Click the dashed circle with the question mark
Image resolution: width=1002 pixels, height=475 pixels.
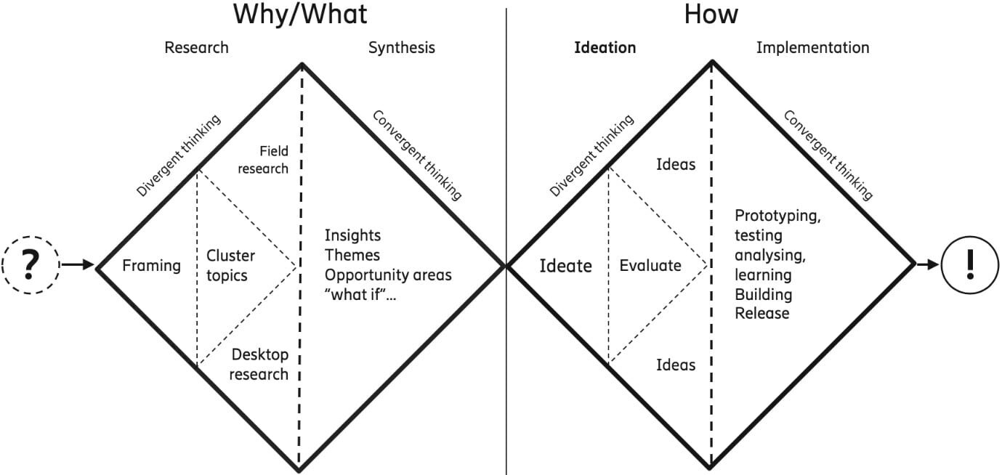click(29, 265)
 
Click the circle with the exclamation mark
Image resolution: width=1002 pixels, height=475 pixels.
click(970, 265)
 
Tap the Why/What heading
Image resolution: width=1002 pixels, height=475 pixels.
click(300, 15)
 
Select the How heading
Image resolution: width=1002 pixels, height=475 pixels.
click(711, 15)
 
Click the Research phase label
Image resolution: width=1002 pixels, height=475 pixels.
click(196, 48)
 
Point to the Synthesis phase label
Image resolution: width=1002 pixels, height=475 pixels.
click(401, 48)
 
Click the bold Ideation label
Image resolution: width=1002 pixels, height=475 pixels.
click(605, 48)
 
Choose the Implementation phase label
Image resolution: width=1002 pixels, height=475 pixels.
click(812, 48)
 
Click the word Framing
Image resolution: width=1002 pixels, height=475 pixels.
click(151, 266)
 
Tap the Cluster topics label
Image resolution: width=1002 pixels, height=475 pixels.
click(230, 265)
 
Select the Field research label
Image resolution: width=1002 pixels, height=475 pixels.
click(264, 160)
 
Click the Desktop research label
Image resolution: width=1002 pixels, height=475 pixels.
click(259, 365)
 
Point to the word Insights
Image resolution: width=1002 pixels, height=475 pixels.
click(352, 235)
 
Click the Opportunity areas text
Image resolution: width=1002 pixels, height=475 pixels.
click(388, 275)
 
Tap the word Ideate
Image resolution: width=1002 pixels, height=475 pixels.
click(565, 266)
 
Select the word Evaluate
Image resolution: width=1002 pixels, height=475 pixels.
click(650, 266)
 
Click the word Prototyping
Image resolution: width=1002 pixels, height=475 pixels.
click(777, 216)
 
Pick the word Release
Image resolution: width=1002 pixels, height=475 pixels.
click(761, 314)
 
